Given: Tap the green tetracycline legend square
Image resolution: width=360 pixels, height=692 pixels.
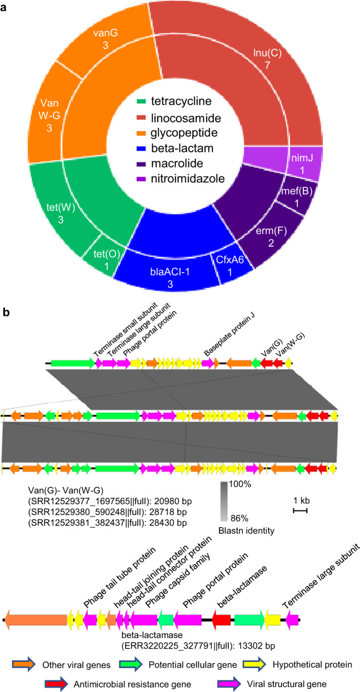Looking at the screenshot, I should [143, 101].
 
